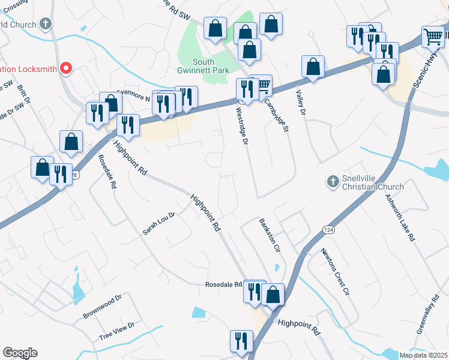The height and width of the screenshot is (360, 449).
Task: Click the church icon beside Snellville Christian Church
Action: [333, 181]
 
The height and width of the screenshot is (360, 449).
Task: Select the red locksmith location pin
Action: [67, 68]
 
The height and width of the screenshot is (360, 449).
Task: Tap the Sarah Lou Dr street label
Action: [158, 223]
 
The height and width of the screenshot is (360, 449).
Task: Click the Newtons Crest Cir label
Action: [334, 272]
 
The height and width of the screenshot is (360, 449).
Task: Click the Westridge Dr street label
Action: [241, 126]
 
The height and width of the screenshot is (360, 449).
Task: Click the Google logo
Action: [20, 353]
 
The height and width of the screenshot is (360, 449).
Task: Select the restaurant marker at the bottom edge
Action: [241, 340]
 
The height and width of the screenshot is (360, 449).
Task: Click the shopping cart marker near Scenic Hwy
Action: [433, 37]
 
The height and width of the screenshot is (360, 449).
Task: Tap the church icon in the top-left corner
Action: [45, 24]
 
